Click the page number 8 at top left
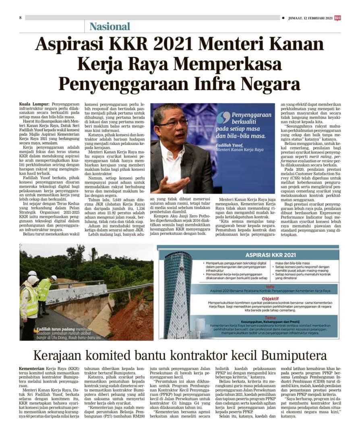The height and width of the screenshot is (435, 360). [20, 18]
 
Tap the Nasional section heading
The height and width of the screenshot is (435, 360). [110, 27]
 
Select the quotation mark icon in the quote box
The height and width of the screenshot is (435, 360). [223, 117]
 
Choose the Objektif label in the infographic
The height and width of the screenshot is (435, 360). [259, 299]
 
